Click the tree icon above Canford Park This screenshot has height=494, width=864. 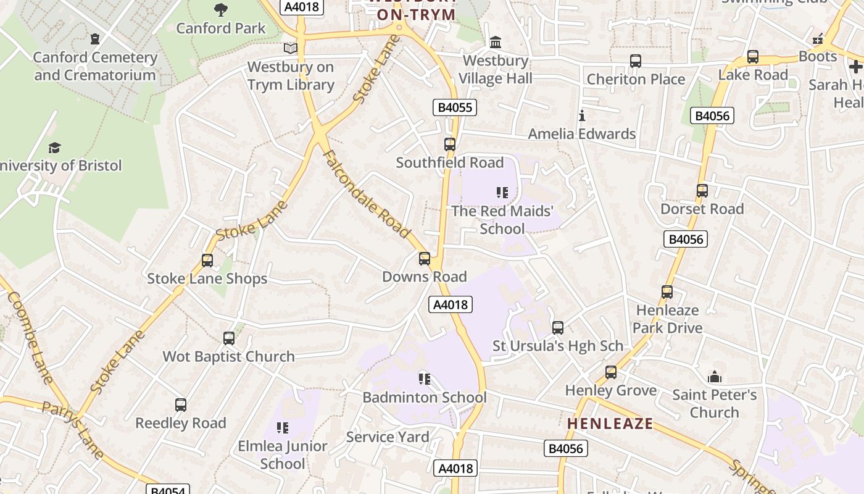(x=220, y=9)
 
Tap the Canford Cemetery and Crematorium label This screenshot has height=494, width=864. (x=94, y=66)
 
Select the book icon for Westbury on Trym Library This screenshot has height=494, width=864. (x=290, y=48)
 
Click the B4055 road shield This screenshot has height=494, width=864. (x=454, y=107)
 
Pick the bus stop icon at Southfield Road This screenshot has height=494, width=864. (x=450, y=144)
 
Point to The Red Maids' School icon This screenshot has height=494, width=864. (x=502, y=193)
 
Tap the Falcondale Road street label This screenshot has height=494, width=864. (x=367, y=194)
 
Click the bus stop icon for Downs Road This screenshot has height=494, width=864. (x=425, y=259)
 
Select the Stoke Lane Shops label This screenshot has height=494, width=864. (x=207, y=278)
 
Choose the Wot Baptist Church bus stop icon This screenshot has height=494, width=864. (x=229, y=338)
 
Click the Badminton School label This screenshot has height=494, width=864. (x=424, y=397)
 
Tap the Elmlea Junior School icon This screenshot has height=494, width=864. (x=283, y=428)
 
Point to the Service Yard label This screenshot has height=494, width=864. (x=387, y=437)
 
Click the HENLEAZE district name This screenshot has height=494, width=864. (x=610, y=424)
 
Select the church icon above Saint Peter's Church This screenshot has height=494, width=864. (x=715, y=376)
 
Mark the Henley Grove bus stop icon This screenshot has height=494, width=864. (x=611, y=372)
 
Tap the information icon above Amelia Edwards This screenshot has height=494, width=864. (x=581, y=115)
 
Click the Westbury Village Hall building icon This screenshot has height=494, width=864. (x=496, y=42)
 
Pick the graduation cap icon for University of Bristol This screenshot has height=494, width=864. (x=55, y=148)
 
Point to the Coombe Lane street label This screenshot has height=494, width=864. (x=30, y=337)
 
